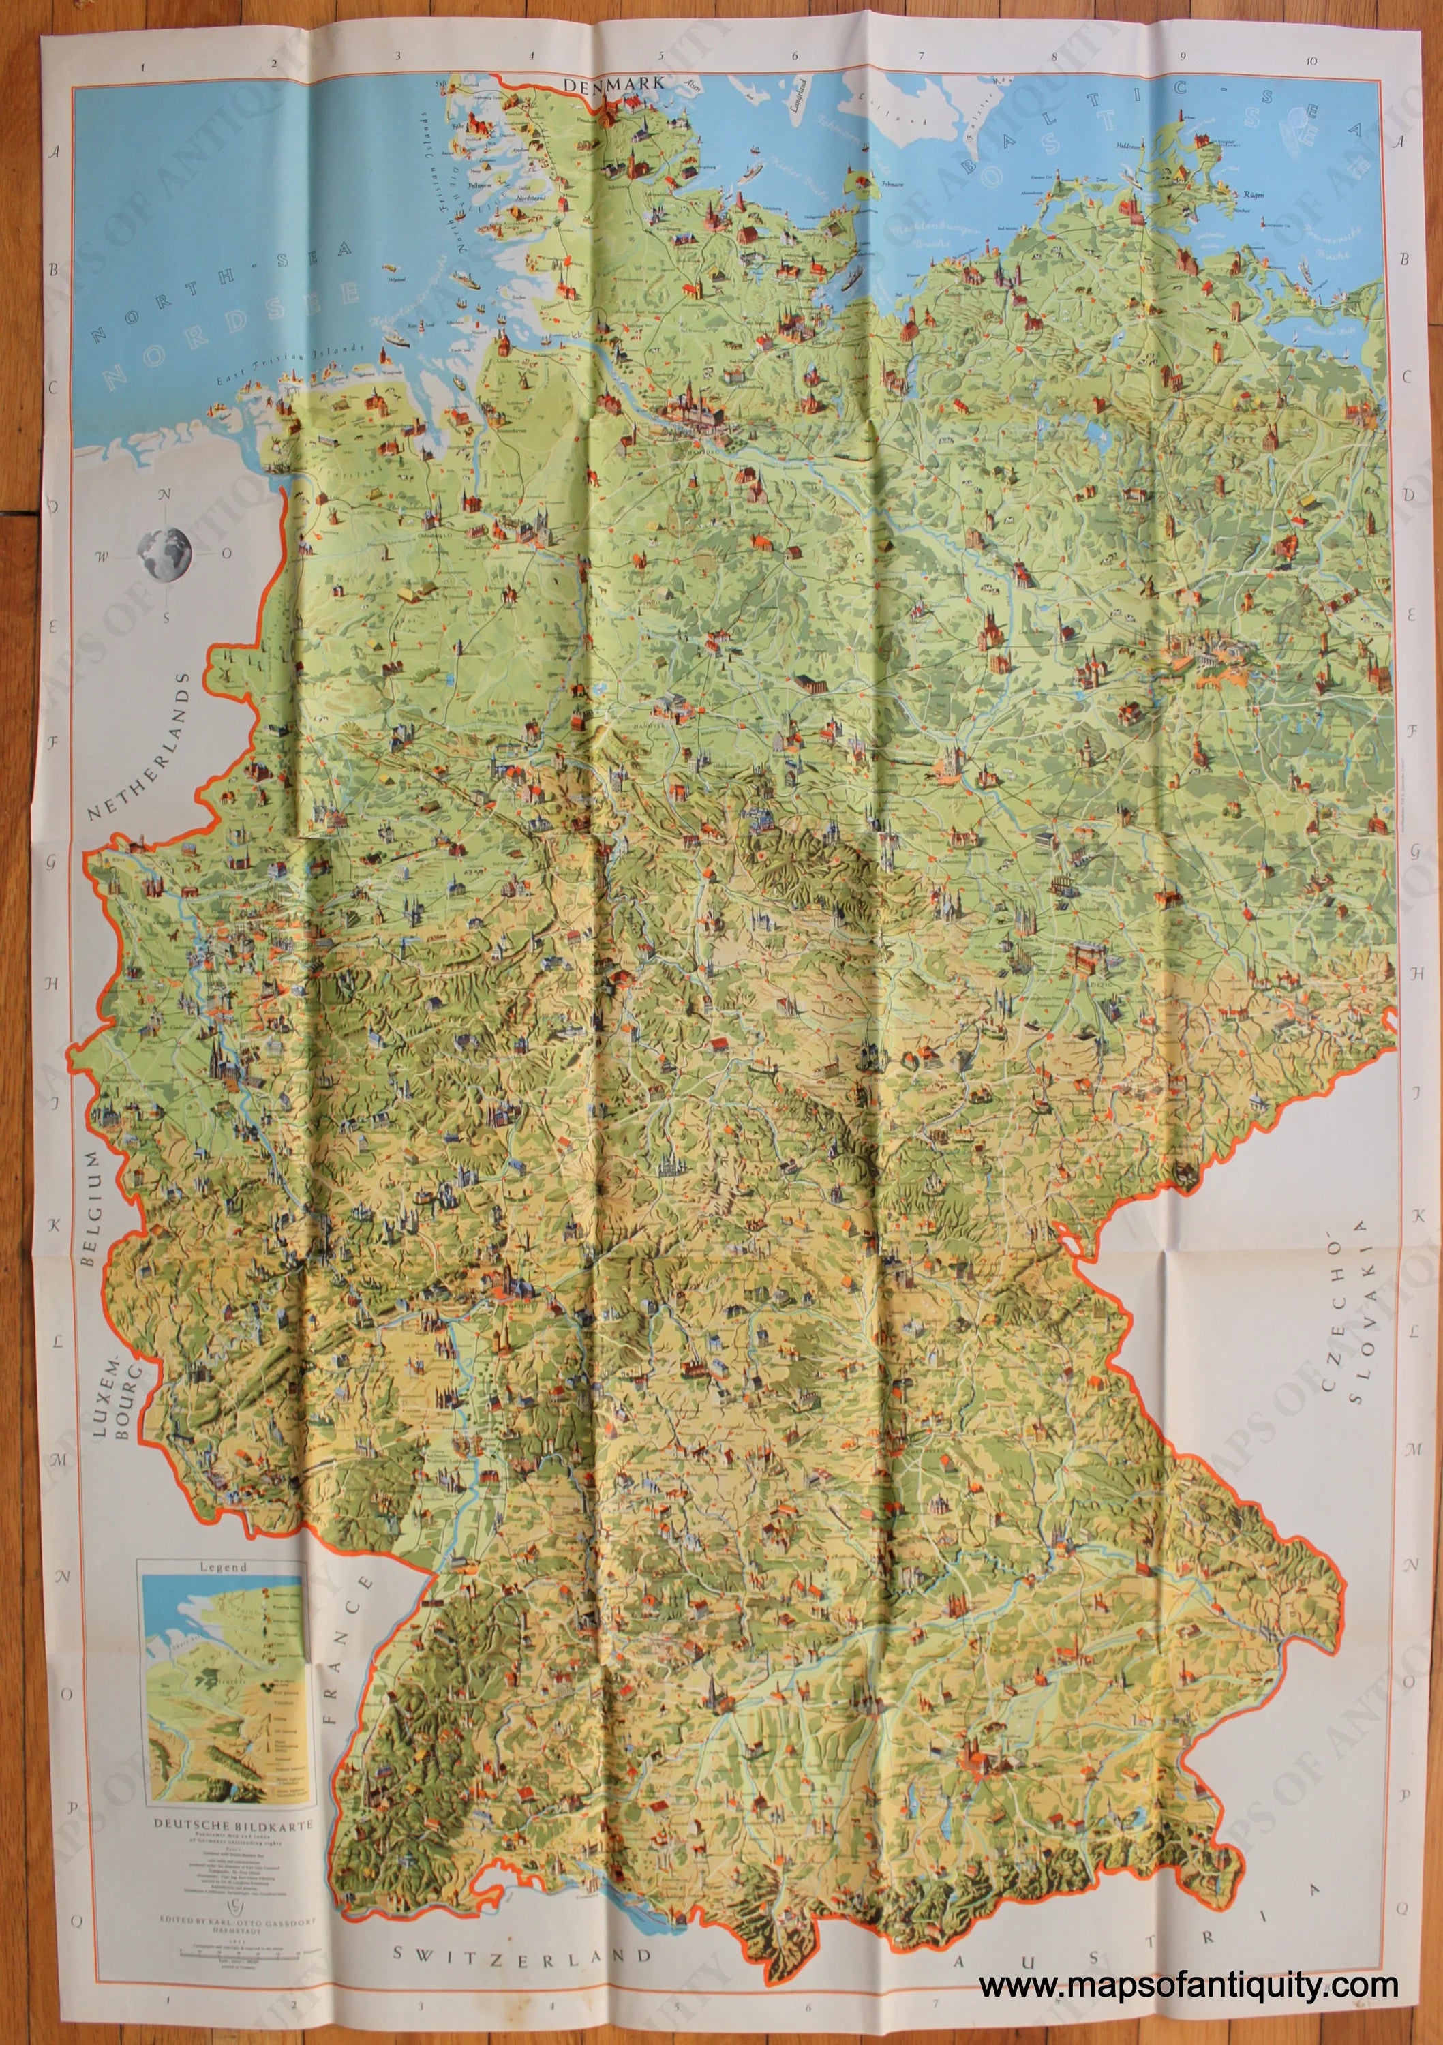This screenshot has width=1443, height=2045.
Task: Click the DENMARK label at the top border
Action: [x=615, y=83]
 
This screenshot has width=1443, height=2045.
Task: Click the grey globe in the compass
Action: [x=164, y=552]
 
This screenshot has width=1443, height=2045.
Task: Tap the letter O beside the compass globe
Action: [x=226, y=553]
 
